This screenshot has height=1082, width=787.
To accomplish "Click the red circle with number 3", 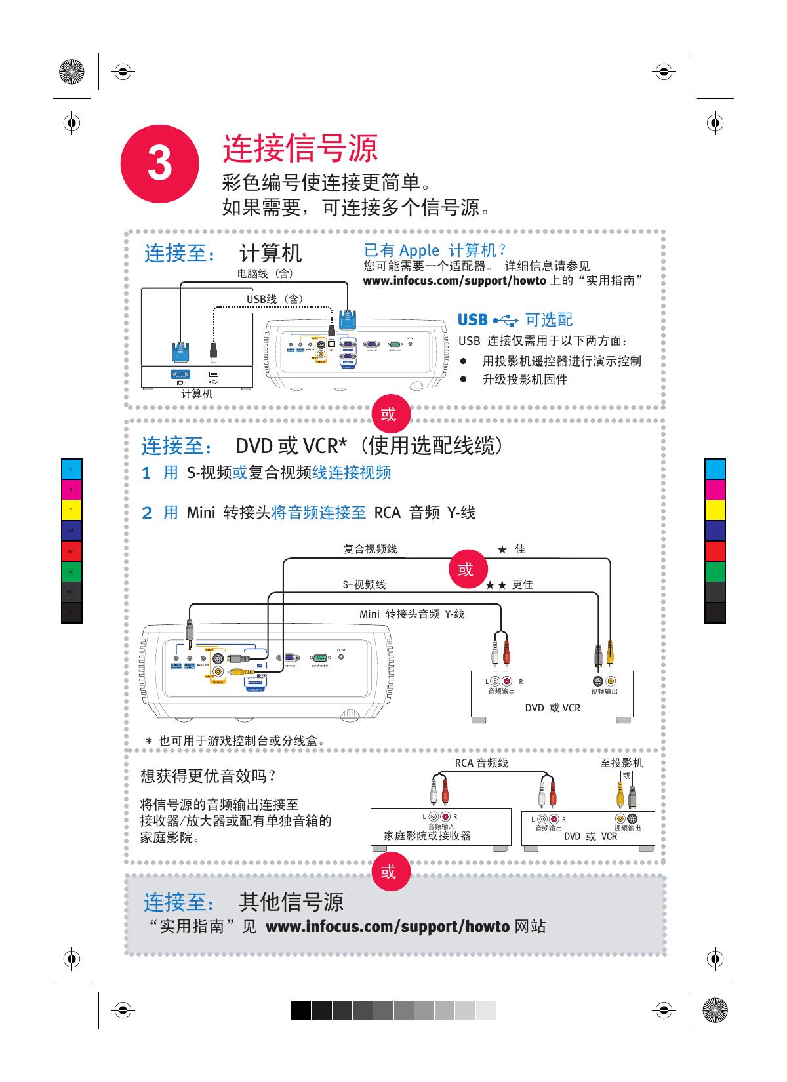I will click(159, 164).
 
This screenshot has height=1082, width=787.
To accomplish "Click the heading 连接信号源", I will click(300, 148).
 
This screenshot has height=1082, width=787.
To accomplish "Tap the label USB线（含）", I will click(275, 299).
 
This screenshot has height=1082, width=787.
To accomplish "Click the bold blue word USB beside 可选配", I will click(472, 320).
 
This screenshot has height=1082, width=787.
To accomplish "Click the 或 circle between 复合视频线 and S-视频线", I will click(466, 569).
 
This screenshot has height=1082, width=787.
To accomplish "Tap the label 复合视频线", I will click(371, 549).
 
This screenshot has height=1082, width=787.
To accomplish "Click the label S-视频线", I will click(365, 584).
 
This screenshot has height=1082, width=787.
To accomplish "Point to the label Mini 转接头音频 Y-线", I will click(411, 614).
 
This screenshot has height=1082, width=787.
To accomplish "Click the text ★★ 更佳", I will click(509, 584).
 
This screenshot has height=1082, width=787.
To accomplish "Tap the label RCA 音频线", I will click(481, 763).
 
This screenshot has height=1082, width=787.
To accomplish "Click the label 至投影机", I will click(622, 763).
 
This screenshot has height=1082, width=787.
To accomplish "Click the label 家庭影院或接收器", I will click(427, 836).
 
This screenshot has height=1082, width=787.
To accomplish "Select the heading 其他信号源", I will click(291, 902).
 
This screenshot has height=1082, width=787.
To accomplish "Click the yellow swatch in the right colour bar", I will click(715, 510).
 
